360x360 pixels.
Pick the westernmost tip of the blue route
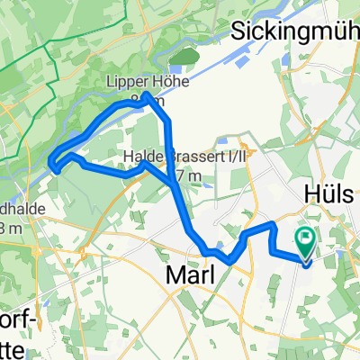pyautogui.click(x=51, y=163)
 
